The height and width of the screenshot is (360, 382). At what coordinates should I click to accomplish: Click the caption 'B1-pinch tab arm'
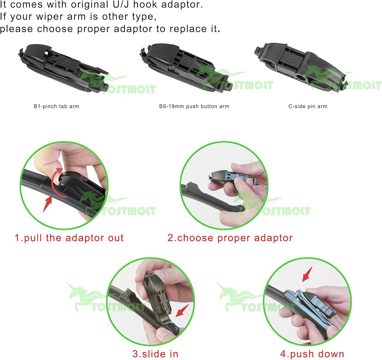[56, 106]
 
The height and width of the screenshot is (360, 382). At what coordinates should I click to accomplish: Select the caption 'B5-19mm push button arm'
[194, 106]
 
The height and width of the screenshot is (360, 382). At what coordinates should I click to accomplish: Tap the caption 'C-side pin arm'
[308, 106]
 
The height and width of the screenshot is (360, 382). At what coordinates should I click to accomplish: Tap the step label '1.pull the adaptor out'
[69, 238]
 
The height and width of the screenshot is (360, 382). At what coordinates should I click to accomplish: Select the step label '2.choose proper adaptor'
[230, 238]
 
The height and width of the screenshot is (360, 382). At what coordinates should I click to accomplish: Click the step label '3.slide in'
[155, 354]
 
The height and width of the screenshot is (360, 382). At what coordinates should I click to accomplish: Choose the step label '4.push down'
[312, 354]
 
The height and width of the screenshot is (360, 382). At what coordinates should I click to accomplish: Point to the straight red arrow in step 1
[47, 204]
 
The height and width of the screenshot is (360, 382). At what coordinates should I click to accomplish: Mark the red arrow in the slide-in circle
[182, 311]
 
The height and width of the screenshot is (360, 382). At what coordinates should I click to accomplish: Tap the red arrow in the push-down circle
[307, 274]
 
